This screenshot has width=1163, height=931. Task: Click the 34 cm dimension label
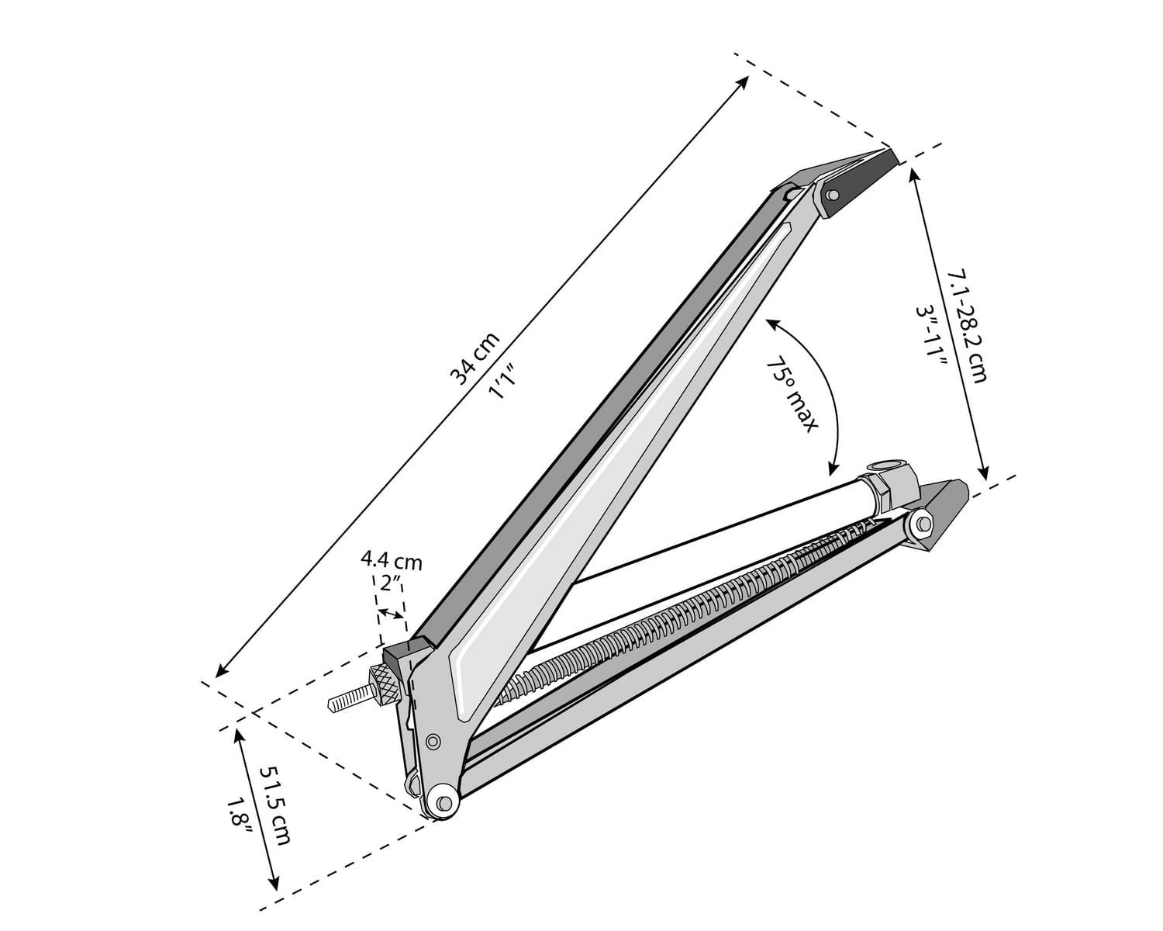[x=475, y=358]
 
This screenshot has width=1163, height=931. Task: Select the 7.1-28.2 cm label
[x=968, y=326]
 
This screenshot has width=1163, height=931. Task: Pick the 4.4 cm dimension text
[x=391, y=561]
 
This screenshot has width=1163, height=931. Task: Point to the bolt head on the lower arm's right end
[x=922, y=524]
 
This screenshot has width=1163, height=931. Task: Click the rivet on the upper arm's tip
[x=833, y=196]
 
